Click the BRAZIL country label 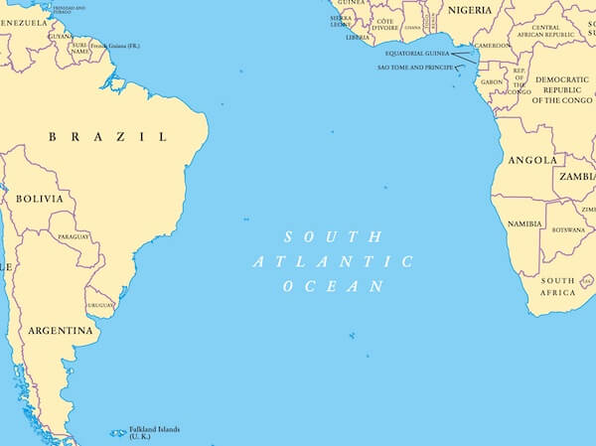[108, 136]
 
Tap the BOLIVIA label [39, 199]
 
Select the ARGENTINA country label [60, 330]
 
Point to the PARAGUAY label [74, 237]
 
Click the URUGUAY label [100, 304]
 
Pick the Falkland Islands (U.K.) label [155, 432]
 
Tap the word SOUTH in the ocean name [333, 236]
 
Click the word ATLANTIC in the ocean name [333, 261]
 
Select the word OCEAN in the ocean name [333, 286]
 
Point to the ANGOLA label [532, 160]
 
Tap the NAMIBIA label [524, 225]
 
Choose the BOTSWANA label [567, 228]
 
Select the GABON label [491, 82]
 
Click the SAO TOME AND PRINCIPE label [415, 67]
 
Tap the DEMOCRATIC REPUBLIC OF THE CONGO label [562, 89]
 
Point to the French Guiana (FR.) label [115, 45]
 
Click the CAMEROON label [493, 46]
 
